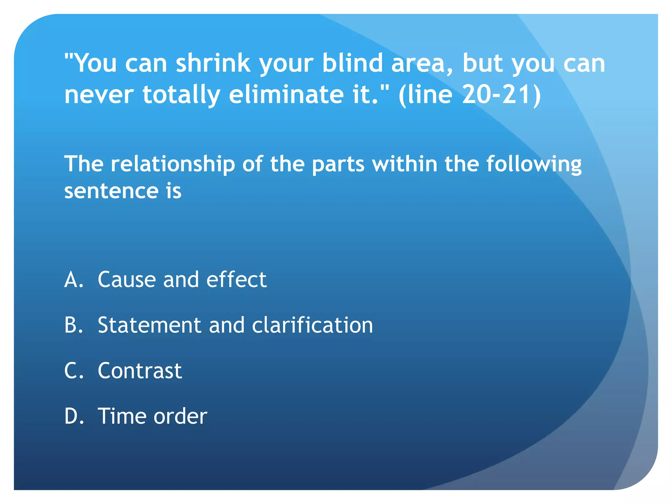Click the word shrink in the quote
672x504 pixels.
[213, 63]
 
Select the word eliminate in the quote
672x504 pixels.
[286, 94]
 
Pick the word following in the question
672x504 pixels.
[534, 164]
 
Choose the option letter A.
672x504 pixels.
[73, 280]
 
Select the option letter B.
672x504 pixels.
[73, 325]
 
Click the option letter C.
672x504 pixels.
[73, 371]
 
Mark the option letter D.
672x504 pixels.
[73, 416]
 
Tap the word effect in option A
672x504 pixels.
[236, 280]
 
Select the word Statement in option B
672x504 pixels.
[149, 325]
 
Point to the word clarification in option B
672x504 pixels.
[312, 325]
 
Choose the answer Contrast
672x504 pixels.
[140, 371]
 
